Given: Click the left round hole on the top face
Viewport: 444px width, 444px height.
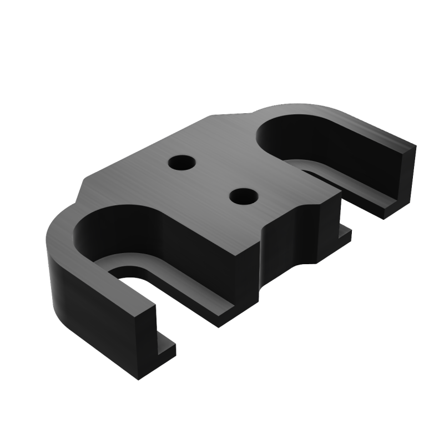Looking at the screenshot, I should [181, 163].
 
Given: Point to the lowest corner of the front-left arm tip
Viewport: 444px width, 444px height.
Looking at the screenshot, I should [137, 380].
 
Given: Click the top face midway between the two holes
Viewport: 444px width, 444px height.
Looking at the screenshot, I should [212, 179].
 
